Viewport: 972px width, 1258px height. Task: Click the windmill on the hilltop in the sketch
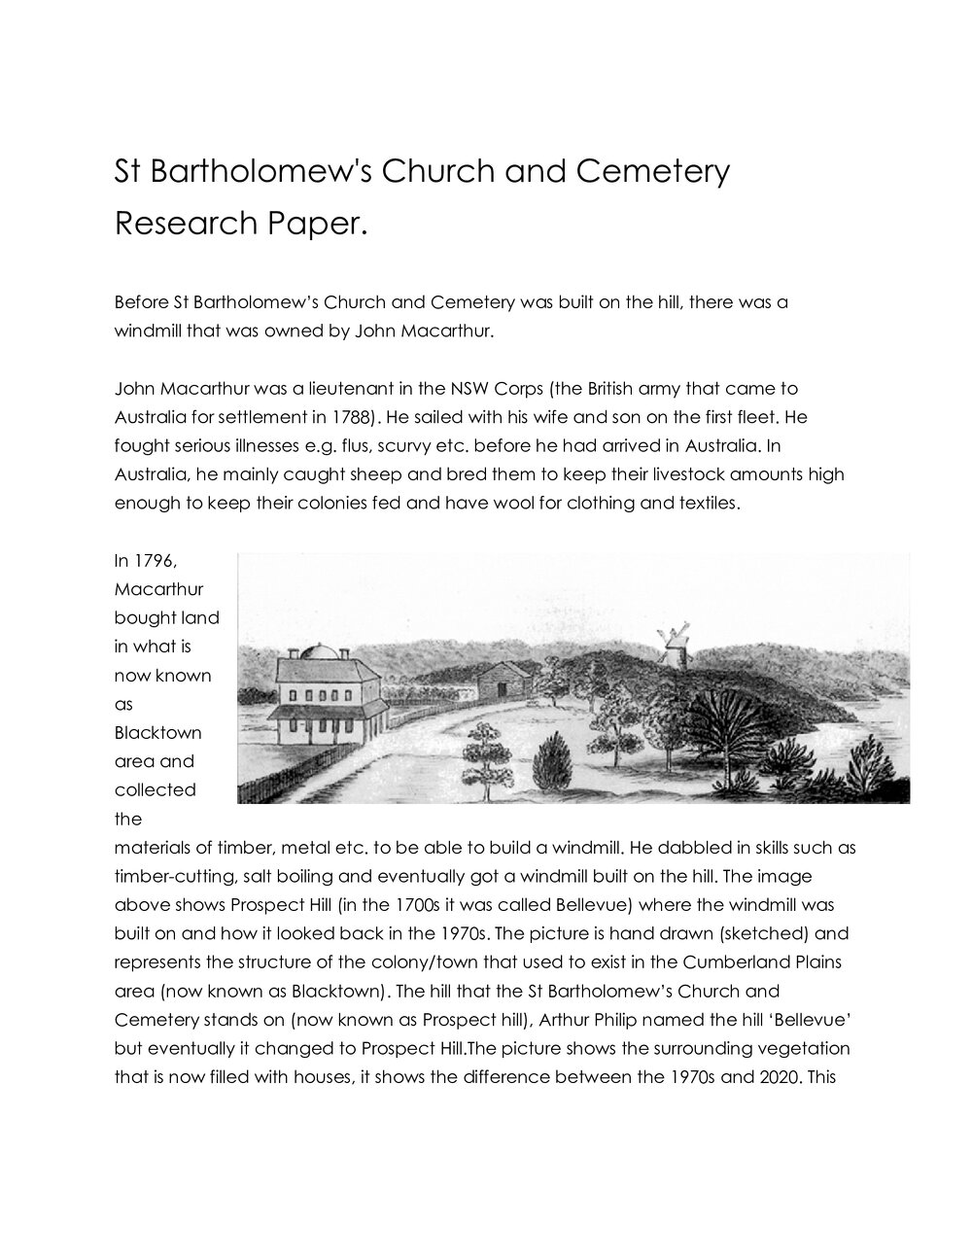coord(673,645)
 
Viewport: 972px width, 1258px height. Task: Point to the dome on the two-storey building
coord(322,650)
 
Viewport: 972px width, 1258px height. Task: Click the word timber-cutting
coord(171,876)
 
